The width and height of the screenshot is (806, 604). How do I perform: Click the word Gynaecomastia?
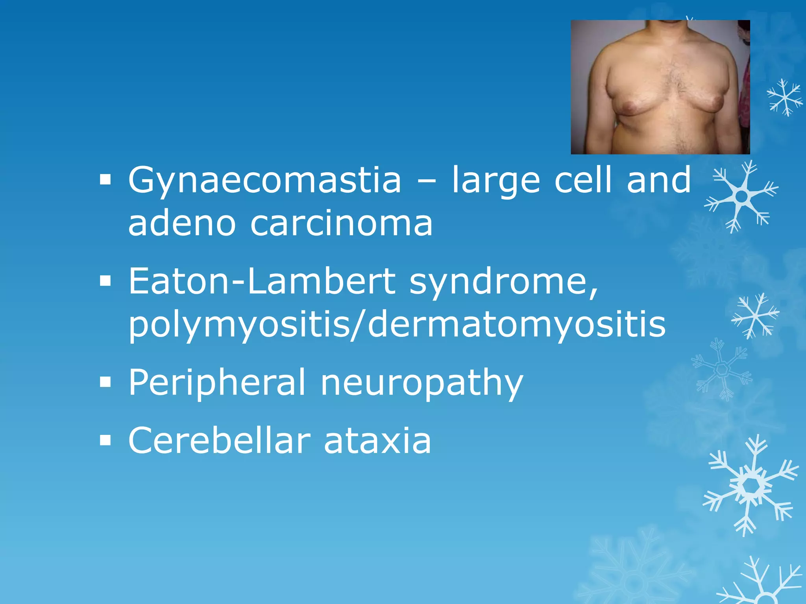tap(264, 181)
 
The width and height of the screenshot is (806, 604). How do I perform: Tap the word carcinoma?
tap(341, 224)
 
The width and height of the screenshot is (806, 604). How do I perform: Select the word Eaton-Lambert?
tap(262, 282)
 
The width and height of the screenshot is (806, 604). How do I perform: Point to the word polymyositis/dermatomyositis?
tap(397, 326)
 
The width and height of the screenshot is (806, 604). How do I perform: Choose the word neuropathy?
tap(421, 384)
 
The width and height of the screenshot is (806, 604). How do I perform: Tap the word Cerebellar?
tap(219, 441)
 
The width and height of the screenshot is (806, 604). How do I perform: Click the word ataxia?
tap(377, 441)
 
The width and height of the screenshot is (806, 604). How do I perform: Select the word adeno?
tap(182, 224)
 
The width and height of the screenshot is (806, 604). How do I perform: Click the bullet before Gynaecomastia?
tap(105, 180)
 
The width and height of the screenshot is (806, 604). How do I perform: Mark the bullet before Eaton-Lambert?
tap(105, 282)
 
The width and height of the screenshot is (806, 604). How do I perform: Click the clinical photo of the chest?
tap(660, 87)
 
